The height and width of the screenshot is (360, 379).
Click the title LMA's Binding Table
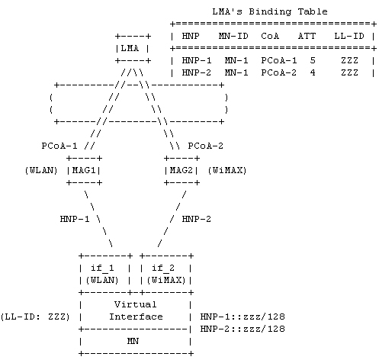click(270, 11)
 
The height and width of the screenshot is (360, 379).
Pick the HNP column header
click(191, 36)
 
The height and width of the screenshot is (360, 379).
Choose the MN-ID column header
click(233, 36)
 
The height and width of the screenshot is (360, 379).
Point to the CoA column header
click(270, 36)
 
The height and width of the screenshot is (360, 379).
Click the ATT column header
click(307, 36)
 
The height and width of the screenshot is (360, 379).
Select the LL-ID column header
click(349, 36)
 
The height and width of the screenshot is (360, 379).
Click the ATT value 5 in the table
click(313, 60)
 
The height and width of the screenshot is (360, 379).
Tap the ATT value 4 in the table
click(313, 72)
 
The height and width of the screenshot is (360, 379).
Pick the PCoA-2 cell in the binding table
click(279, 72)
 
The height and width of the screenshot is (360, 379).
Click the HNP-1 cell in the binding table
click(197, 60)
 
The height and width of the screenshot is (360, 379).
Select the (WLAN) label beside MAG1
click(41, 170)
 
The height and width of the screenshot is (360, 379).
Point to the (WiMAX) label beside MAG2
click(227, 170)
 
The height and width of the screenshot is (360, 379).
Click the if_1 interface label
click(102, 268)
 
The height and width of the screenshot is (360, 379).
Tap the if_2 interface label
click(163, 268)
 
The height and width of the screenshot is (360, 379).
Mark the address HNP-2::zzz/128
click(242, 329)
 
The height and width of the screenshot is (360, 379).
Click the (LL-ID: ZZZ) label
click(35, 317)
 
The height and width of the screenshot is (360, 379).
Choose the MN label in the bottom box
click(133, 341)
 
